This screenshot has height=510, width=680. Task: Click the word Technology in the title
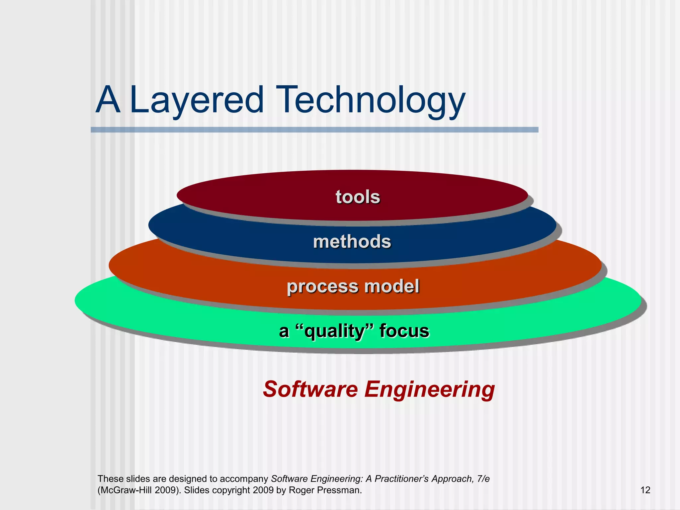click(x=371, y=100)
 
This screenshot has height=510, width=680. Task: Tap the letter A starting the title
click(x=108, y=100)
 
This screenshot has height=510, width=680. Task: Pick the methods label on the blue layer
click(x=352, y=241)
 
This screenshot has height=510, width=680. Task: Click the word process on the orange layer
click(x=323, y=286)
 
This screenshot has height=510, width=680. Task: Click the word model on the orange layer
click(x=392, y=286)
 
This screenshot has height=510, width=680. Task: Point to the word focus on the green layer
click(x=404, y=331)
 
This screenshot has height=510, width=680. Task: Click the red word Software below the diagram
click(x=310, y=389)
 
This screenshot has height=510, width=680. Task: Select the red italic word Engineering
click(x=430, y=389)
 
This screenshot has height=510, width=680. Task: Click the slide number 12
click(x=645, y=490)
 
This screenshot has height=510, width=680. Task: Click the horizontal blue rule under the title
click(x=314, y=130)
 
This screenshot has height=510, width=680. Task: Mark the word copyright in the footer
click(x=231, y=490)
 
